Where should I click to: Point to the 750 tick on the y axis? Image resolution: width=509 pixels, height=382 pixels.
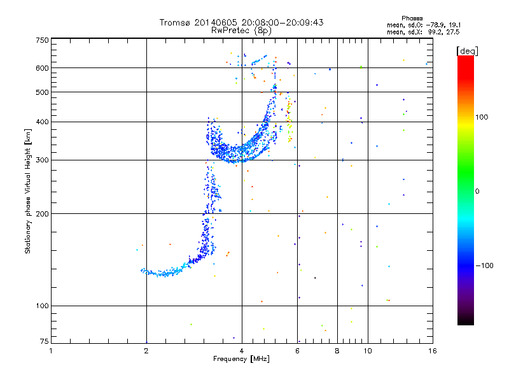tap(43, 40)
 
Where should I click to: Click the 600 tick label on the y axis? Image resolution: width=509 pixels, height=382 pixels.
tap(43, 67)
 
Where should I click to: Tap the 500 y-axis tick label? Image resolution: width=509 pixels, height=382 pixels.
tap(43, 92)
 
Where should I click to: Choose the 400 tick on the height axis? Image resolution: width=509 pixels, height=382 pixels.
tap(43, 122)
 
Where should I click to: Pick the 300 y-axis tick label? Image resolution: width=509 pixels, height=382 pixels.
tap(43, 160)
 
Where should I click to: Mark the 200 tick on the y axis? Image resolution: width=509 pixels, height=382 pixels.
tap(43, 213)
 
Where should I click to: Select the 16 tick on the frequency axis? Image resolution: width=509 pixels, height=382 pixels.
tap(432, 351)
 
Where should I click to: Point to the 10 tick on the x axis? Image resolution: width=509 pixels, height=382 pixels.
tap(367, 351)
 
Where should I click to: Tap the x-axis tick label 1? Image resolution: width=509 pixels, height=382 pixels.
tap(51, 351)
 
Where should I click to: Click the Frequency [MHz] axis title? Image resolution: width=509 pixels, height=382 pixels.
tap(241, 360)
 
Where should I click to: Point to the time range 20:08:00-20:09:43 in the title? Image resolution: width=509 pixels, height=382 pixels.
tap(282, 22)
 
